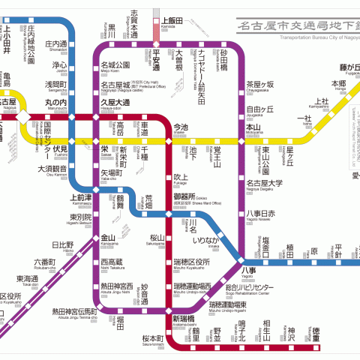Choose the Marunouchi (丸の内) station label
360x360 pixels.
click(x=56, y=102)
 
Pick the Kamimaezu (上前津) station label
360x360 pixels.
click(x=82, y=198)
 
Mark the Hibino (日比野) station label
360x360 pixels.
click(x=62, y=245)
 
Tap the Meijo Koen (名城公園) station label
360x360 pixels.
click(x=115, y=65)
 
